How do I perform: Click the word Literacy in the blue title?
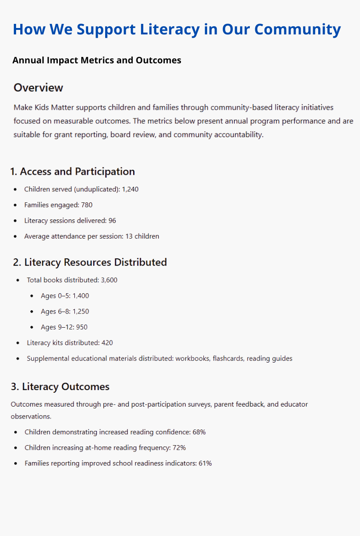pyautogui.click(x=178, y=29)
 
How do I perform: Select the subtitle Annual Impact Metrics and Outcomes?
pyautogui.click(x=97, y=60)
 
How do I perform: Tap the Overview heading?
pyautogui.click(x=38, y=88)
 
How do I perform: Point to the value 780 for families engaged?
pyautogui.click(x=87, y=205)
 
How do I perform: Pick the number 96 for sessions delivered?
pyautogui.click(x=112, y=221)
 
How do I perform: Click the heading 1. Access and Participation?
pyautogui.click(x=73, y=172)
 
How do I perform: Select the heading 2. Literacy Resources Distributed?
pyautogui.click(x=90, y=262)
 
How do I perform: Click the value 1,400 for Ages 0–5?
pyautogui.click(x=81, y=296)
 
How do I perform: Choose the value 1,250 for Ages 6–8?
pyautogui.click(x=81, y=312)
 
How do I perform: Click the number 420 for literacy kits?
pyautogui.click(x=107, y=343)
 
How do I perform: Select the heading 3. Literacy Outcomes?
pyautogui.click(x=60, y=387)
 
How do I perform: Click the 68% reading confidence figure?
pyautogui.click(x=199, y=432)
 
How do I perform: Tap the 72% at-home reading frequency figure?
pyautogui.click(x=179, y=448)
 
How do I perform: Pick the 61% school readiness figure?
pyautogui.click(x=205, y=463)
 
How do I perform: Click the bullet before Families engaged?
pyautogui.click(x=16, y=205)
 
